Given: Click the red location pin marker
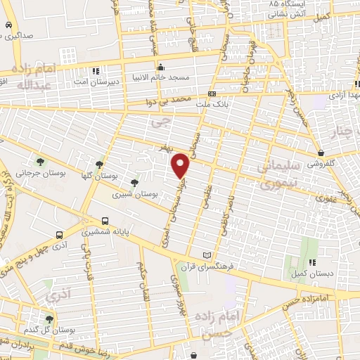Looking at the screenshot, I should click(181, 166).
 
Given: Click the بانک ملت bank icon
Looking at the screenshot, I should click(212, 94).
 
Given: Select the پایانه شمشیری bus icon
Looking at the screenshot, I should click(105, 220).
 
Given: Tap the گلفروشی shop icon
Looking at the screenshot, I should click(321, 153).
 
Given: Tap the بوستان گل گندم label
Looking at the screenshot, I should click(42, 329).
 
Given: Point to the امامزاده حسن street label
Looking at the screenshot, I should click(307, 299).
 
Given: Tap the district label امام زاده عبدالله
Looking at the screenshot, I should click(32, 77).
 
